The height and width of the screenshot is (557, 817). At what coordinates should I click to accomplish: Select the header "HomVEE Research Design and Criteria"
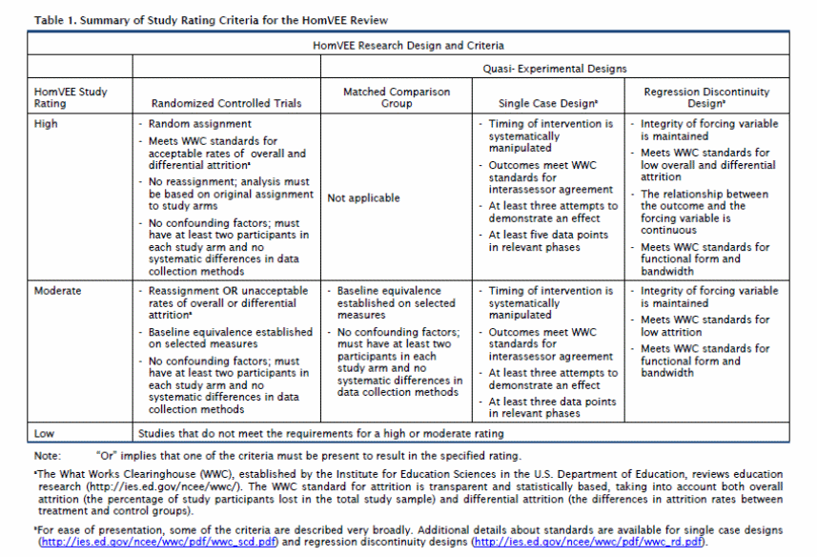[x=408, y=45]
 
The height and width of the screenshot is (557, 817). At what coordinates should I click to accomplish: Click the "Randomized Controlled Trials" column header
[x=227, y=103]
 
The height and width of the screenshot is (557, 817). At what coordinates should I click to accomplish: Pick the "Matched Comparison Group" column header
[x=396, y=97]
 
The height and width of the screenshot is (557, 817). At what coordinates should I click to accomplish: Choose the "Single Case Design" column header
[x=547, y=103]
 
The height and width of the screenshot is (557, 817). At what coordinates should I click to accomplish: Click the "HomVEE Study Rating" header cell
[x=71, y=97]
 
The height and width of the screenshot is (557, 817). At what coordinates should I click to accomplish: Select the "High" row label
[x=46, y=124]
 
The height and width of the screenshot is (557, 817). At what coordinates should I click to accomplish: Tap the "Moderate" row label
[x=57, y=291]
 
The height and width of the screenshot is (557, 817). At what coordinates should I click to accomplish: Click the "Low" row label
[x=44, y=433]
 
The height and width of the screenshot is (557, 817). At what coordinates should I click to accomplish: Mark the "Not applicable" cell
[x=363, y=198]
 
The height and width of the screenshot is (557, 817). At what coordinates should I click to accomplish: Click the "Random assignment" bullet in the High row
[x=200, y=124]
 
